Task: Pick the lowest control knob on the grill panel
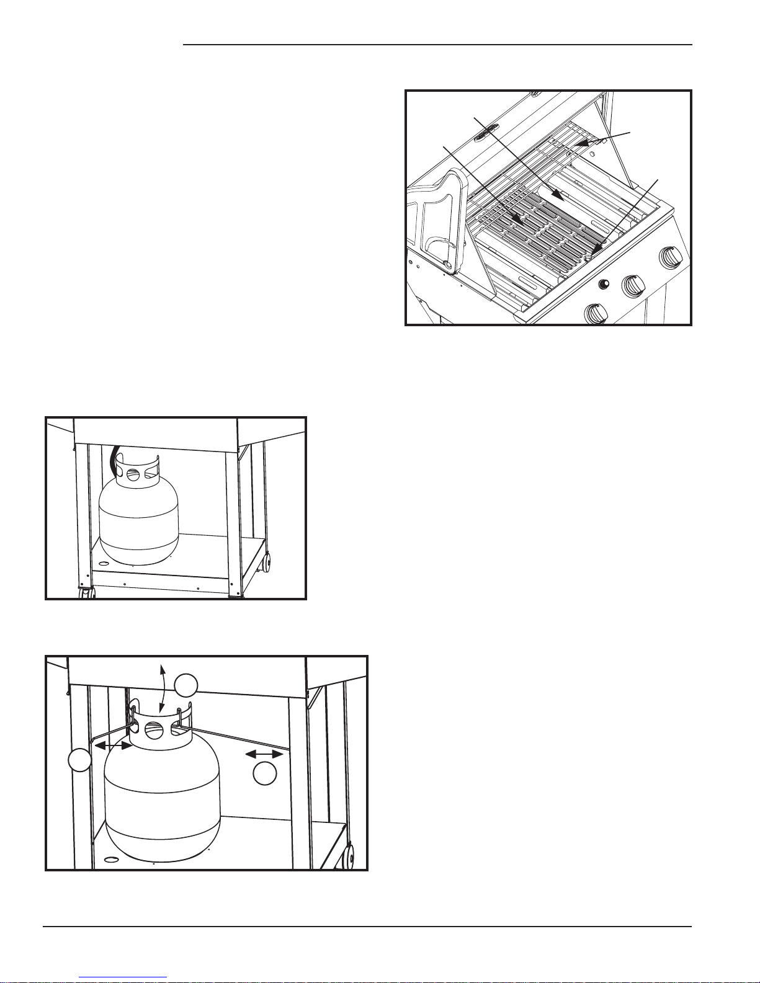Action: point(596,313)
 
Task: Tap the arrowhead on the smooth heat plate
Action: point(561,198)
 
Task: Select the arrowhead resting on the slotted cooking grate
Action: point(519,220)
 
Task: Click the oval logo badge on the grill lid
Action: point(486,133)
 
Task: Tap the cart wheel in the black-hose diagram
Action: point(269,563)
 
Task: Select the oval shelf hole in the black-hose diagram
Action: point(104,563)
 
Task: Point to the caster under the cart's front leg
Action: point(86,592)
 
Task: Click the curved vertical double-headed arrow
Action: point(161,688)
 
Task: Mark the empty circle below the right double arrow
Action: point(265,773)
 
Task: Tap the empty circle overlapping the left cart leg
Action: point(79,760)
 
